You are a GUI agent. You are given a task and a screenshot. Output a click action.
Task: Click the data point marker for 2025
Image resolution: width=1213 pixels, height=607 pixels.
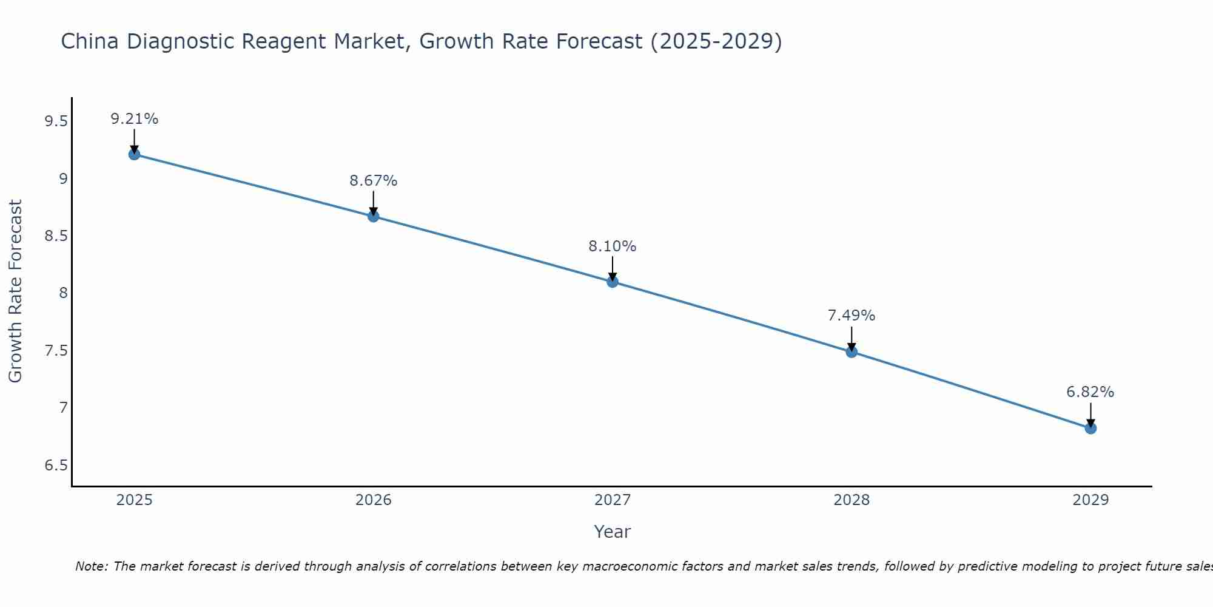(x=134, y=154)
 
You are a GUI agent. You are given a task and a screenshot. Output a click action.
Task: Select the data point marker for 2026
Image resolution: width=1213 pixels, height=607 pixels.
(x=374, y=216)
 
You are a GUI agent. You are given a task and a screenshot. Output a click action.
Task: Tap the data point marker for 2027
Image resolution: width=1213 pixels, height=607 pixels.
(x=613, y=282)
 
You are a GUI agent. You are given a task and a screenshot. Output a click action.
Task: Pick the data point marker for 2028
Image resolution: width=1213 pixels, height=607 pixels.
(x=852, y=351)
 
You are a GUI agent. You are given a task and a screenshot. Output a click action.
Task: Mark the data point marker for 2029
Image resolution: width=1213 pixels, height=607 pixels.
(x=1090, y=429)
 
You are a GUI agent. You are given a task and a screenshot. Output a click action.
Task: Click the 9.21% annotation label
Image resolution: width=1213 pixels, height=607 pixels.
(x=134, y=119)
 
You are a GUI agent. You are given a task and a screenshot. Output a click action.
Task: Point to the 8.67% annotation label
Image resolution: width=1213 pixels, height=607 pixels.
(x=374, y=181)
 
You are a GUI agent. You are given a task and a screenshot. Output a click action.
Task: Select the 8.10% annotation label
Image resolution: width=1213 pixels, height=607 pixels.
(x=613, y=246)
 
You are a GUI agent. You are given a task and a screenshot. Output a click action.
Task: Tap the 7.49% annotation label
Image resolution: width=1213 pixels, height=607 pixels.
(x=852, y=316)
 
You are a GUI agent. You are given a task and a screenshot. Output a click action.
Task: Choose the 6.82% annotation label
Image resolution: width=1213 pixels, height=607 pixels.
(x=1090, y=392)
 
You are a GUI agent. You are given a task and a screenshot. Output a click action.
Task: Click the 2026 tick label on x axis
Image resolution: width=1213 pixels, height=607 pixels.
(x=374, y=500)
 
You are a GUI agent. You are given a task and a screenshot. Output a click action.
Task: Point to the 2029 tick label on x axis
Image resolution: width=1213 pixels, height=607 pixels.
(x=1090, y=500)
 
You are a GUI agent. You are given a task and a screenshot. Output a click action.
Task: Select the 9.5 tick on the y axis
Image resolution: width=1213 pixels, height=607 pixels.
(x=56, y=122)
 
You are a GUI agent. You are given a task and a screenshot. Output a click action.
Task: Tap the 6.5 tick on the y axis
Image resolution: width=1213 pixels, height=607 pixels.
(x=56, y=466)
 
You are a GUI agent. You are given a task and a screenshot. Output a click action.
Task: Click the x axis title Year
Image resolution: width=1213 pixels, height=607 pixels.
(x=613, y=532)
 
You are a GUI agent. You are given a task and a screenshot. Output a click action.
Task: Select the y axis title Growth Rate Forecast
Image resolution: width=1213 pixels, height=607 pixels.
(x=16, y=291)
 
